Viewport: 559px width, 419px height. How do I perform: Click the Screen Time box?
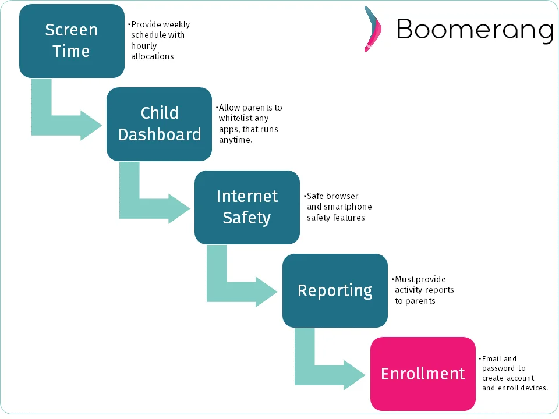pyautogui.click(x=72, y=41)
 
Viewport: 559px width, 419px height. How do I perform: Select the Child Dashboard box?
pyautogui.click(x=159, y=124)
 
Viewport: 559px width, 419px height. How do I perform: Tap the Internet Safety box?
pyautogui.click(x=247, y=207)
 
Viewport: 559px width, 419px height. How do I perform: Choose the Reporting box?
pyautogui.click(x=335, y=290)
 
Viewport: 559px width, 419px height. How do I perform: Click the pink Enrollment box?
pyautogui.click(x=423, y=374)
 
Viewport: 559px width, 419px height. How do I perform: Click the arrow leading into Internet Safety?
pyautogui.click(x=151, y=204)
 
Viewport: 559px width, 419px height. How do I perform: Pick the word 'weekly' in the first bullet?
pyautogui.click(x=176, y=24)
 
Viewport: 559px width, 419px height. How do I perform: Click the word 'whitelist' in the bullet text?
pyautogui.click(x=235, y=118)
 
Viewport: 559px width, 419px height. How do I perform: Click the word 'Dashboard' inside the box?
pyautogui.click(x=160, y=134)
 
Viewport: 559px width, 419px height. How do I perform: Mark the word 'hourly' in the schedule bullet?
pyautogui.click(x=144, y=46)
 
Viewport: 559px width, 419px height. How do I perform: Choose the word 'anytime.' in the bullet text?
pyautogui.click(x=235, y=140)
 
